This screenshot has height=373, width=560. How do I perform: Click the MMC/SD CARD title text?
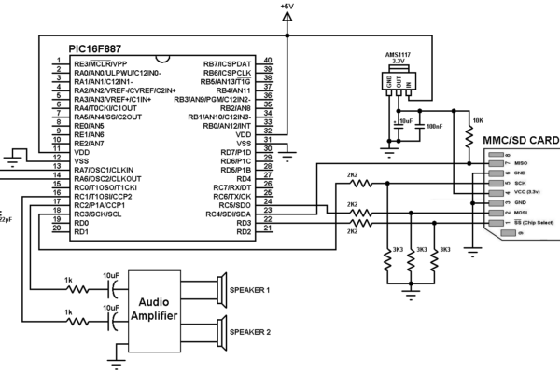click(521, 139)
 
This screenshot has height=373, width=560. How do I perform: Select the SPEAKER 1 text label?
click(249, 290)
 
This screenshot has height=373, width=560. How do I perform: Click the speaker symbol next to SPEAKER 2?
click(221, 331)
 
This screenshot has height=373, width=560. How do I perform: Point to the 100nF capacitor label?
click(434, 125)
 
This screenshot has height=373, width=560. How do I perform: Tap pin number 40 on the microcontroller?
click(267, 62)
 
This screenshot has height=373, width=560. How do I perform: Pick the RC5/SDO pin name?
click(234, 203)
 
